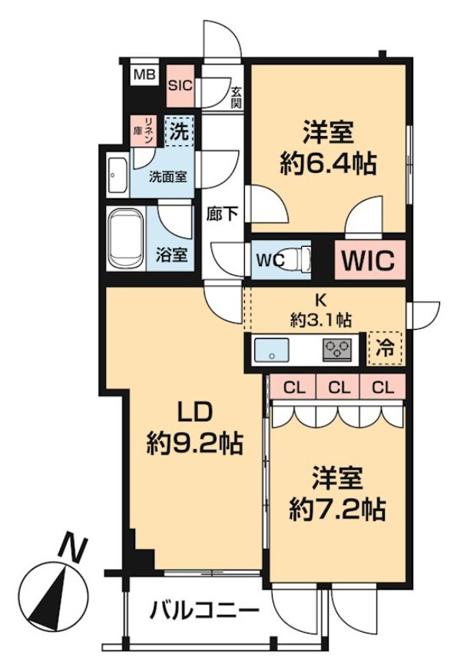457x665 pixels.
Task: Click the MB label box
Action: click(x=144, y=75)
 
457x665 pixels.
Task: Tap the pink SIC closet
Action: click(x=180, y=85)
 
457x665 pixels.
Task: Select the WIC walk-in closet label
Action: click(x=368, y=260)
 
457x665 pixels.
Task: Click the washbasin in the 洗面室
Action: click(x=117, y=178)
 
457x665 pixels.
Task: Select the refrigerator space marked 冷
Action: click(x=384, y=347)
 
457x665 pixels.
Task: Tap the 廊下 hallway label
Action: click(x=222, y=214)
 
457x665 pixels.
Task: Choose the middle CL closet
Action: click(x=338, y=387)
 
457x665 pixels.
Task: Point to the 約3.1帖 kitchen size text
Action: click(x=321, y=318)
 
